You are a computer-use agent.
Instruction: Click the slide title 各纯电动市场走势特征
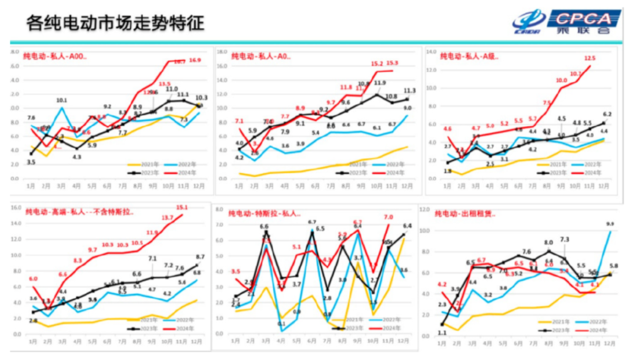click(x=115, y=23)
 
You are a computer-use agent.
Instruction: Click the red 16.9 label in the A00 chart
click(x=194, y=60)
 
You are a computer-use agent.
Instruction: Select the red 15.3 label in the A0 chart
click(x=392, y=63)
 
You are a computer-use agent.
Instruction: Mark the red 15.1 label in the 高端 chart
click(x=182, y=207)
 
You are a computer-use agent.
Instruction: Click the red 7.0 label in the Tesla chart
click(x=388, y=217)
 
